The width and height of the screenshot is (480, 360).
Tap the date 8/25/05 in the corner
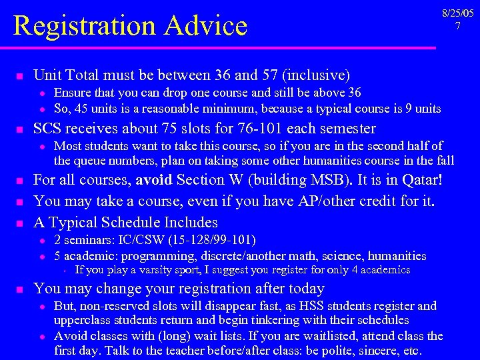458,13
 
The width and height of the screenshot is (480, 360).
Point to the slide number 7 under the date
458,26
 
